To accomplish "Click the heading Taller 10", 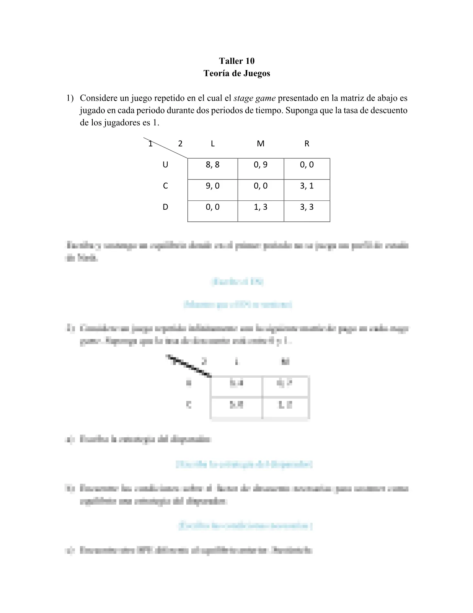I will [x=236, y=61].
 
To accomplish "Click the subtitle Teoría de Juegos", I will [x=236, y=73].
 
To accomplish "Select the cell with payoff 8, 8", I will [x=213, y=165].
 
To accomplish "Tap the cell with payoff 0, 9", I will [x=260, y=165].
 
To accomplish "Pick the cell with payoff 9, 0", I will [x=213, y=186].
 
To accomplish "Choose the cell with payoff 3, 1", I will [x=307, y=186].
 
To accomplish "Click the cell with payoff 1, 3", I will [x=260, y=207].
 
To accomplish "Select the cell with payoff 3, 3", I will [x=307, y=207].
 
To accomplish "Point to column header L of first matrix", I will [x=213, y=144].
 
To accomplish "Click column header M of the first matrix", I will [x=260, y=144].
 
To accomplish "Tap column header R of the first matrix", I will [x=307, y=144].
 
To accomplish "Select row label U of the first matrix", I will [x=165, y=165].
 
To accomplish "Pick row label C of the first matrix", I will [x=165, y=186].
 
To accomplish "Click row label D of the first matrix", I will [x=165, y=207].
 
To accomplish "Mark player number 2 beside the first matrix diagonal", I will [x=180, y=144].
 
